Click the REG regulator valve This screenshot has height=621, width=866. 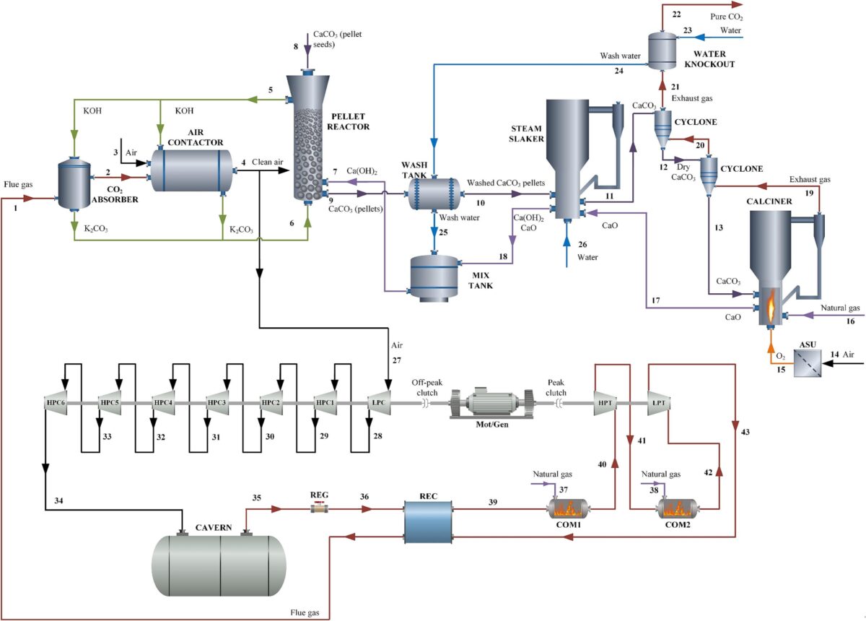[x=318, y=509]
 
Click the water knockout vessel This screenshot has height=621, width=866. [x=658, y=48]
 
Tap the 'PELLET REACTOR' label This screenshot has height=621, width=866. [x=349, y=121]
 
